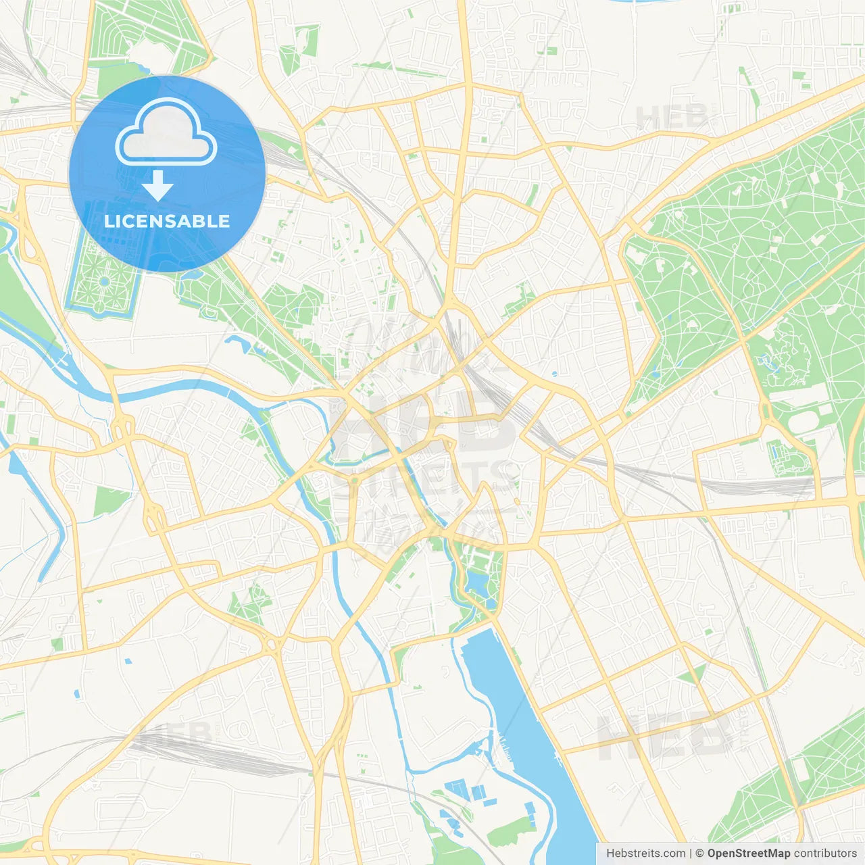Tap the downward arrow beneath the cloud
(157, 186)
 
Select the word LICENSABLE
(167, 221)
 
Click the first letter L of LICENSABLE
(108, 221)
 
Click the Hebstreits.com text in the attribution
(645, 854)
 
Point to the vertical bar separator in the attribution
(691, 854)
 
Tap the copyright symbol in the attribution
(700, 854)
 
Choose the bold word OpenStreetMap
(749, 854)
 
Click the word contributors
(825, 854)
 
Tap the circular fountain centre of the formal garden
(105, 281)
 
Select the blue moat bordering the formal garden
(68, 284)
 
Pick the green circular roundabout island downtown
(354, 481)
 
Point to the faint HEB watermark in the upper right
(672, 117)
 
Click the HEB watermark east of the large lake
(666, 735)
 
